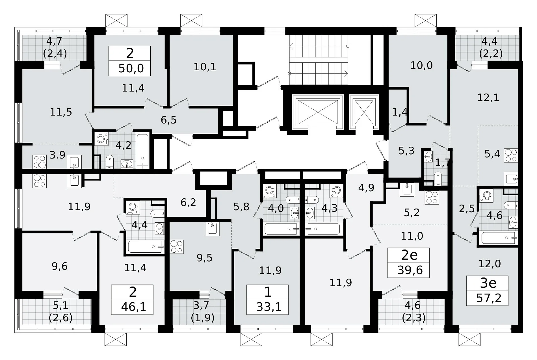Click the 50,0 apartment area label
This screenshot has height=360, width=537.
[131, 68]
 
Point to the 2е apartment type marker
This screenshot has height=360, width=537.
[410, 255]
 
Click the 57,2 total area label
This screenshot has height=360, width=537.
[489, 298]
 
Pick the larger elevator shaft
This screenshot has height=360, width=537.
[318, 111]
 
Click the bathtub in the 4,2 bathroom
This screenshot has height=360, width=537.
[143, 150]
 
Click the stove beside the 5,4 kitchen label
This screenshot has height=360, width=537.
[511, 155]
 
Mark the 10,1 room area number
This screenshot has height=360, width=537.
[205, 67]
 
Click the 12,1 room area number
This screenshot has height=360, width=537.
[488, 98]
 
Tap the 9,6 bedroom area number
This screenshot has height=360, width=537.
[60, 266]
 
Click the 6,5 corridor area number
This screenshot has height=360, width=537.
[169, 120]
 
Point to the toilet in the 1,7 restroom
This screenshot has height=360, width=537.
[438, 179]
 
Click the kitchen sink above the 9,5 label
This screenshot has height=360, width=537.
[213, 228]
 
